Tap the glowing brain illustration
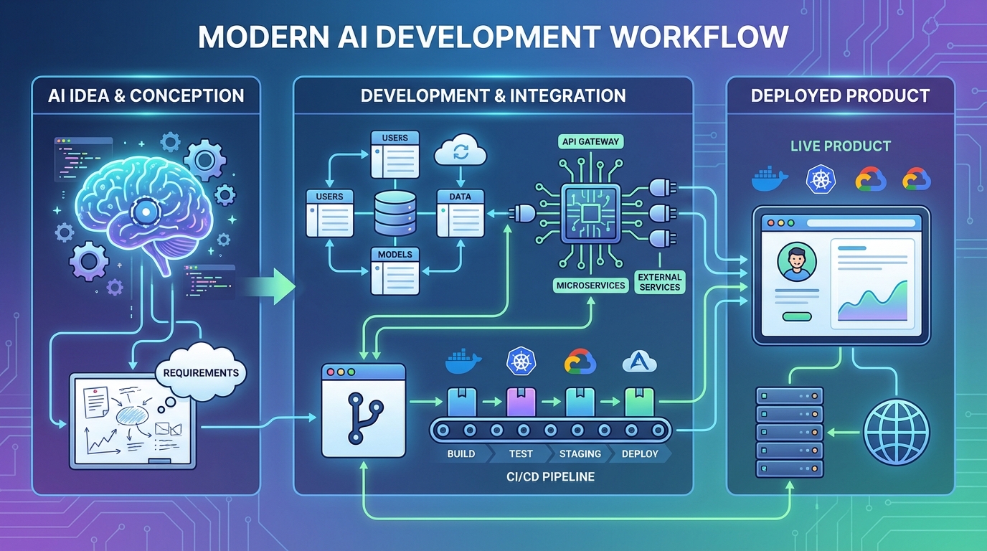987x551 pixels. [x=143, y=208]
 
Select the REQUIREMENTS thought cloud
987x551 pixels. [x=201, y=372]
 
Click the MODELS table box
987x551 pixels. [x=395, y=270]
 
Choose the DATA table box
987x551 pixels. [x=460, y=213]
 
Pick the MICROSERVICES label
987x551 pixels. [x=590, y=286]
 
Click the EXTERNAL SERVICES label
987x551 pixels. [x=659, y=282]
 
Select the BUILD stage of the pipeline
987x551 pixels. [x=461, y=453]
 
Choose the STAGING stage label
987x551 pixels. [x=580, y=453]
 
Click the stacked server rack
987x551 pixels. [x=789, y=432]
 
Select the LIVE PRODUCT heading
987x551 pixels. [x=840, y=146]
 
